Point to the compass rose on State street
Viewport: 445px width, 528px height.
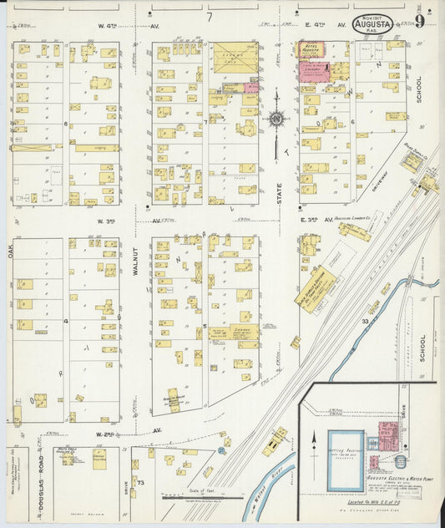pyautogui.click(x=276, y=119)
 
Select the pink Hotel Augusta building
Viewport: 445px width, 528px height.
pyautogui.click(x=312, y=50)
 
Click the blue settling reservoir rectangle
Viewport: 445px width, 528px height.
pyautogui.click(x=345, y=459)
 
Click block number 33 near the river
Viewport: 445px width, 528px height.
pyautogui.click(x=365, y=320)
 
